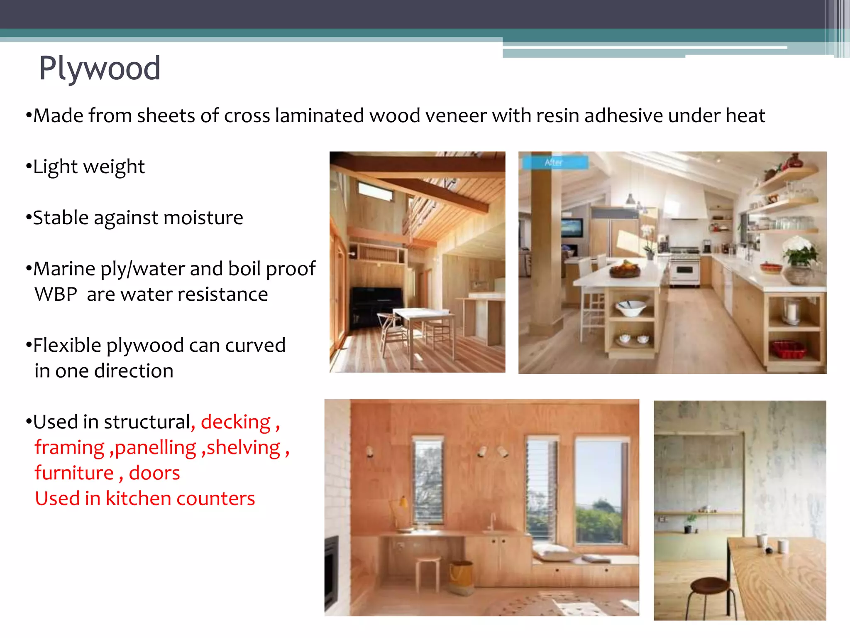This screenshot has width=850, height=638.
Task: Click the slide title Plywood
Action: (100, 68)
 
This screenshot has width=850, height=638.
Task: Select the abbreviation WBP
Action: (56, 294)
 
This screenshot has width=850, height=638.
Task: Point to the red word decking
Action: (236, 422)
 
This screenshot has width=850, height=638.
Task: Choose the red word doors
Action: (154, 473)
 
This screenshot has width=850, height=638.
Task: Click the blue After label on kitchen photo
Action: (554, 162)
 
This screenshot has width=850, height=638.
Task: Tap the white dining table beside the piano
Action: (421, 314)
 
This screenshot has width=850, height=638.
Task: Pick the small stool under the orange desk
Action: (427, 571)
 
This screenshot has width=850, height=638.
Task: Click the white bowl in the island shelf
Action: (631, 308)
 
